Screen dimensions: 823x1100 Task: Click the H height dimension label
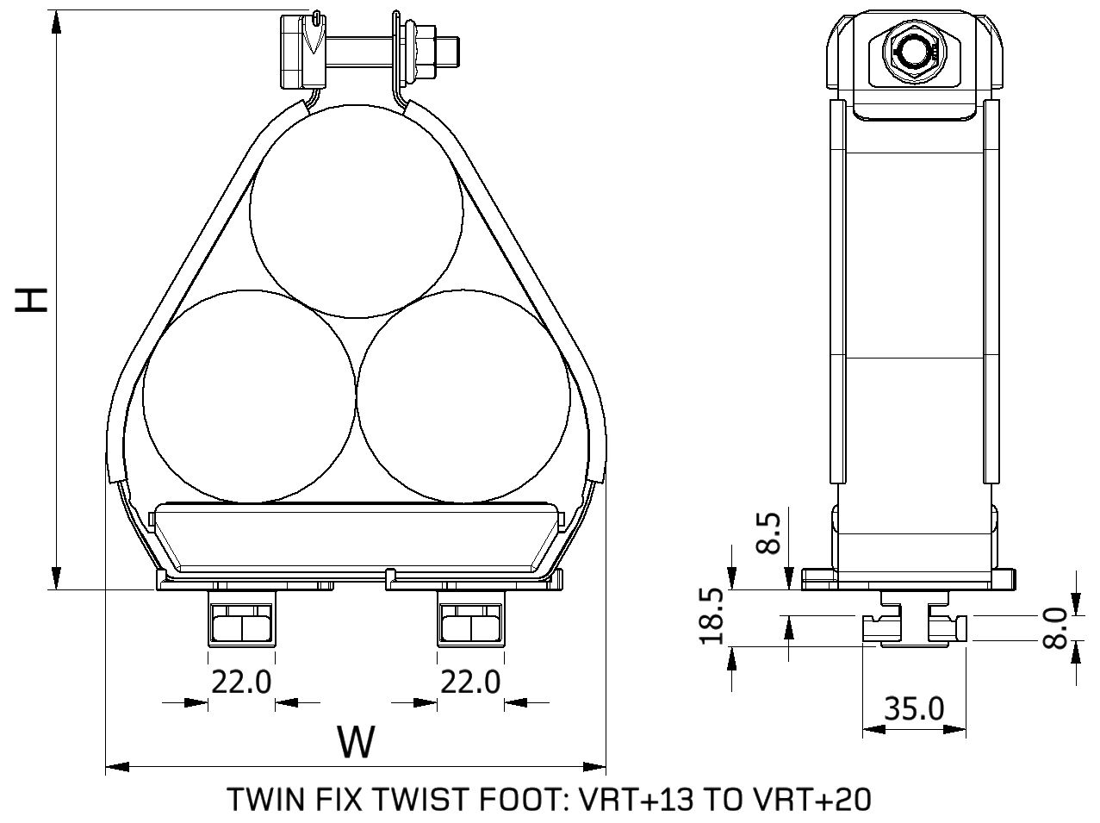(33, 299)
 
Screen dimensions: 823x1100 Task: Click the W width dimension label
(356, 741)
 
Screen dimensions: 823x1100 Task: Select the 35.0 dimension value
(914, 708)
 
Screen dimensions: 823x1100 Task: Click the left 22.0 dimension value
(241, 683)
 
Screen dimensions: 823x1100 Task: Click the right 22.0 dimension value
(470, 683)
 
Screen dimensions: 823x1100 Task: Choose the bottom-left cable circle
(249, 396)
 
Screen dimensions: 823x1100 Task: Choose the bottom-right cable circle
(463, 396)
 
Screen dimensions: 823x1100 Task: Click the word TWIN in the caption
(258, 799)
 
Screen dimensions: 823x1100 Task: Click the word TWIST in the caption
(415, 799)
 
